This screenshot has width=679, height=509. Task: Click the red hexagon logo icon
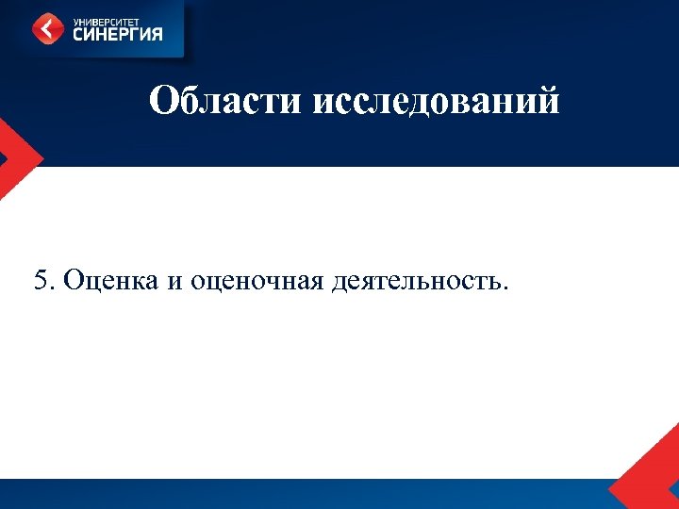point(48,27)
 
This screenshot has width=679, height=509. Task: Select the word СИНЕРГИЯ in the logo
point(118,34)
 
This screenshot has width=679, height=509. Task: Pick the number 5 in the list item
point(39,280)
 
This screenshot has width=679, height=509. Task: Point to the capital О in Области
point(161,100)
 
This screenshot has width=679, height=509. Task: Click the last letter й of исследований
point(548,99)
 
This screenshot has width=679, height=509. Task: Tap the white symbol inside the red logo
point(48,27)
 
